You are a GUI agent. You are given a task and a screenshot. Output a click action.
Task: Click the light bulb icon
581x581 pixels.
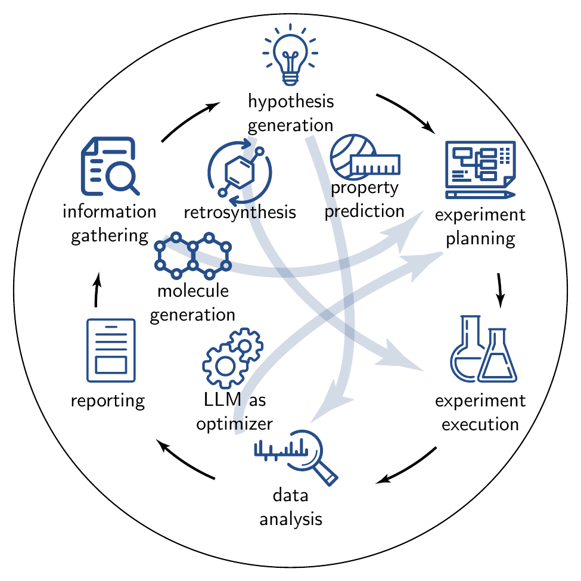pos(290,55)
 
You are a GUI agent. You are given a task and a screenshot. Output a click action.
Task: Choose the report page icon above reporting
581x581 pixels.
pos(111,350)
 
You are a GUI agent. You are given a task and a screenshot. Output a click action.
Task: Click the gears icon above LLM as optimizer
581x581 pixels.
pos(232,358)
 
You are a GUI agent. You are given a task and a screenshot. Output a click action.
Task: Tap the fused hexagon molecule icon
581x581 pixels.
pos(192,256)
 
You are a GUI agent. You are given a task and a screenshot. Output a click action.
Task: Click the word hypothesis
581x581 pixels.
pos(291,102)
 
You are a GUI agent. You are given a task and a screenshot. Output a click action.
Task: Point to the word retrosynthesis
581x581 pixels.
pos(240,213)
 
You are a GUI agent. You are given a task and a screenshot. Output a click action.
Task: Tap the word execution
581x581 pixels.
pos(480,424)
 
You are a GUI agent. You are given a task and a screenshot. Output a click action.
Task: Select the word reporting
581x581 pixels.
pos(108,401)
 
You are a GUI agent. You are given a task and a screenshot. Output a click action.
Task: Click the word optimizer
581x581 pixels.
pos(235,424)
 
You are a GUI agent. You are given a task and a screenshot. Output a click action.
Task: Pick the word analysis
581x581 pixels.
pos(291,519)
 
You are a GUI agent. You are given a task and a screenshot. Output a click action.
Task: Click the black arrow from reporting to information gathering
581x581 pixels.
pos(97,290)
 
